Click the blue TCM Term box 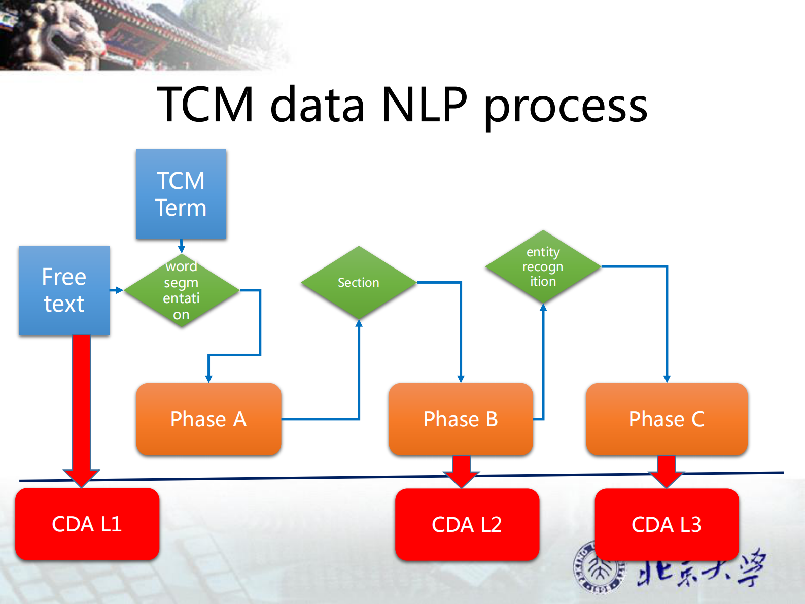[x=181, y=194]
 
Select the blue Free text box [x=64, y=290]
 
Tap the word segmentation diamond [x=181, y=290]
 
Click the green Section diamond [x=359, y=282]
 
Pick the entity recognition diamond [x=543, y=266]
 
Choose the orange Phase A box [x=208, y=419]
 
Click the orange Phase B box [x=461, y=419]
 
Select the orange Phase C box [x=667, y=419]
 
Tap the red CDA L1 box [x=87, y=524]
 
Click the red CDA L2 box [x=467, y=524]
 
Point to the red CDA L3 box [x=667, y=524]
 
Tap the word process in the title [x=566, y=107]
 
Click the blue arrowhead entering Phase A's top [x=208, y=379]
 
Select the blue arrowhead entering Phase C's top [x=667, y=379]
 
